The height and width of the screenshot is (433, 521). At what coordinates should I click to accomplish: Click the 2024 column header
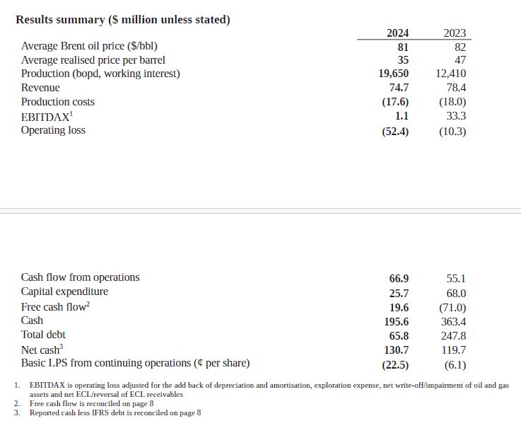click(397, 33)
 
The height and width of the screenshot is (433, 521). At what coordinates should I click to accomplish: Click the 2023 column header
click(455, 33)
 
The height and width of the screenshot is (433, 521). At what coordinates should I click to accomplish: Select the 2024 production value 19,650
click(394, 74)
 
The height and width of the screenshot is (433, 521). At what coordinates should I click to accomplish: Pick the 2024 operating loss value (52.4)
click(395, 131)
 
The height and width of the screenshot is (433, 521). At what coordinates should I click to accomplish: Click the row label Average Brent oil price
click(89, 47)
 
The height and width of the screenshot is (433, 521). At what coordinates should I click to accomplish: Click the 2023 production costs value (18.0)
click(452, 102)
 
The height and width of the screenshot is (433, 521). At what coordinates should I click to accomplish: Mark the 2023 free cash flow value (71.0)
click(452, 308)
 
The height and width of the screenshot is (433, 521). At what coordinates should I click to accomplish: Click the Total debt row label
click(44, 335)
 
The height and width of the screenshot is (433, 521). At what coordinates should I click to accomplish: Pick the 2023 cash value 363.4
click(453, 322)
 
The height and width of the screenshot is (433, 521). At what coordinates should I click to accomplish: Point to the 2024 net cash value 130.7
click(396, 350)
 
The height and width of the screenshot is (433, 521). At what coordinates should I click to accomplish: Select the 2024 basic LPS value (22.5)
click(395, 365)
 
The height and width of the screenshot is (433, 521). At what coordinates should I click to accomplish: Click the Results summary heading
click(123, 20)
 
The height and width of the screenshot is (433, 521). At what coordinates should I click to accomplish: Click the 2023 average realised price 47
click(459, 60)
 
